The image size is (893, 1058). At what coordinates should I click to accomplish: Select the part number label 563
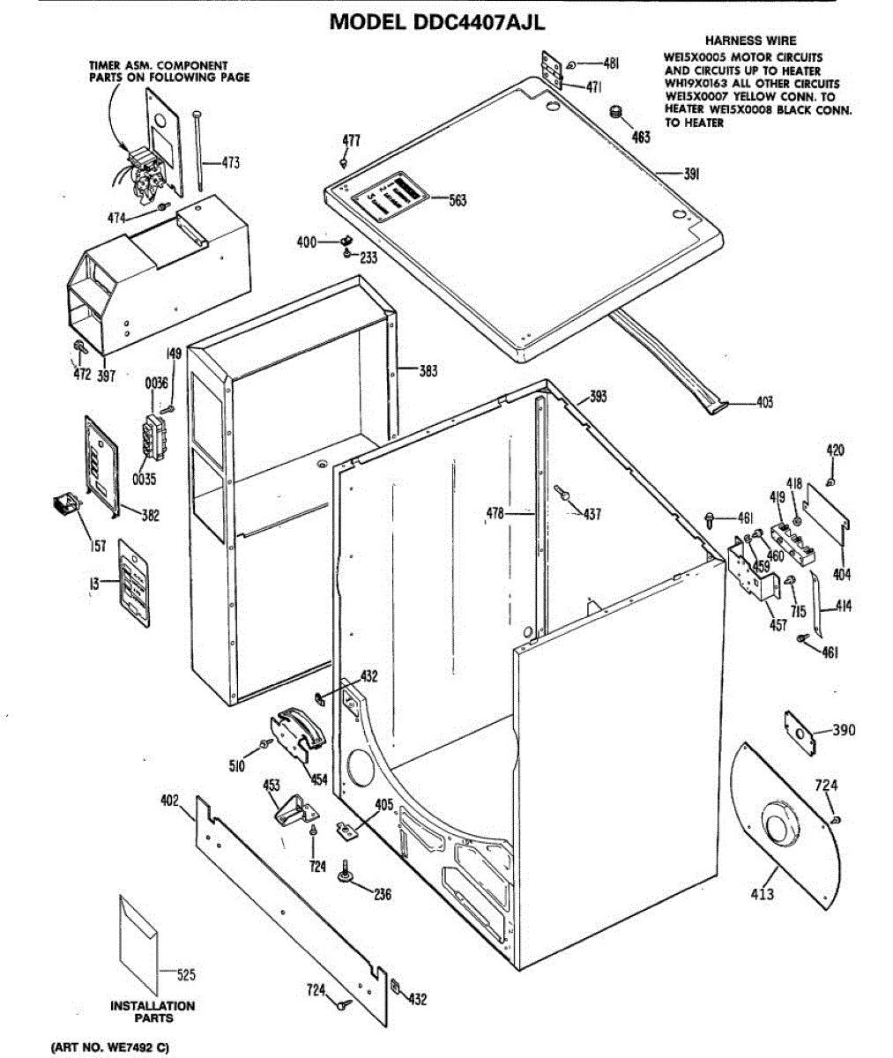pyautogui.click(x=458, y=200)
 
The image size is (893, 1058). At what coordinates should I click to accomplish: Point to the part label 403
pyautogui.click(x=764, y=403)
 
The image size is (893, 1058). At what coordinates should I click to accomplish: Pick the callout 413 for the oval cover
pyautogui.click(x=763, y=894)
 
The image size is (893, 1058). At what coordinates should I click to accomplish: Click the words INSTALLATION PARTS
pyautogui.click(x=153, y=1011)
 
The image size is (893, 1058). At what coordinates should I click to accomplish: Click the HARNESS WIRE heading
pyautogui.click(x=750, y=41)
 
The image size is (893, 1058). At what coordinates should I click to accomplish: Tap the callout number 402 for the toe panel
pyautogui.click(x=169, y=801)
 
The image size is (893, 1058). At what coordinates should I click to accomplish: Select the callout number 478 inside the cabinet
pyautogui.click(x=496, y=512)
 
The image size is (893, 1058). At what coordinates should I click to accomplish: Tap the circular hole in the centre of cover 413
pyautogui.click(x=778, y=828)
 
